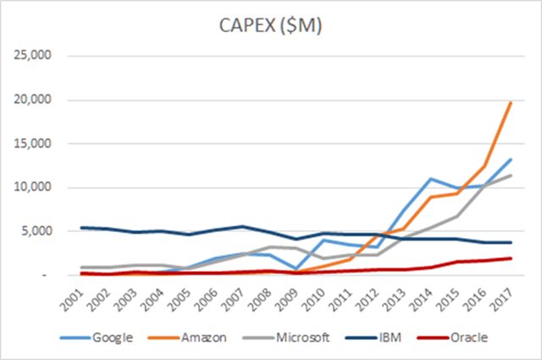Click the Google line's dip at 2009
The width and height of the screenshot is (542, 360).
[x=296, y=269]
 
